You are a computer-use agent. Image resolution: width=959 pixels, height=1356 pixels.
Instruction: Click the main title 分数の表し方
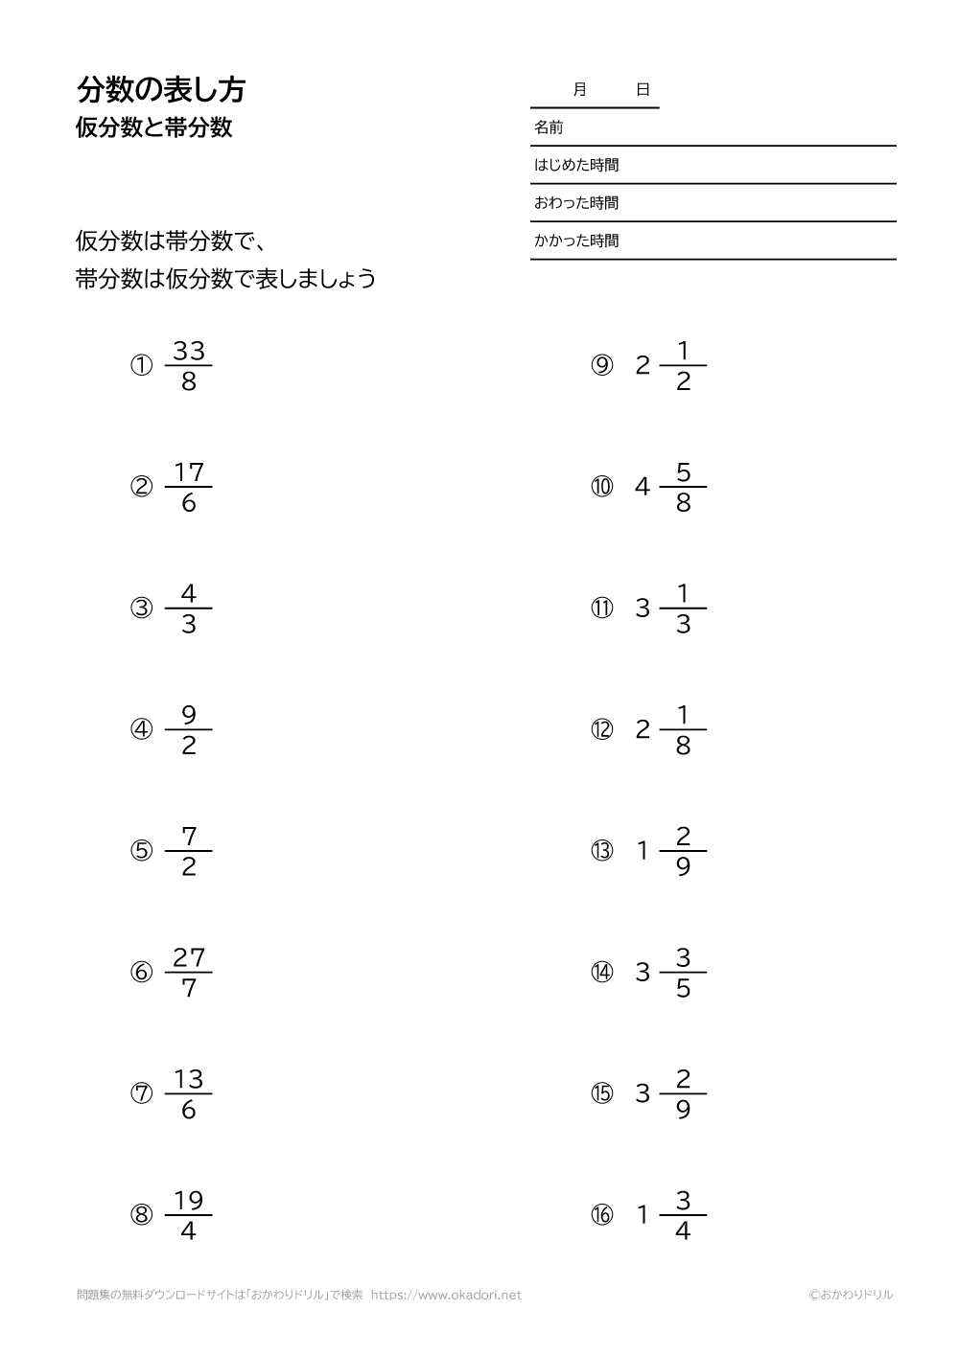161,90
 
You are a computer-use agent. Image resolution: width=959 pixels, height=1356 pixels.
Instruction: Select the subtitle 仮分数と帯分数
154,128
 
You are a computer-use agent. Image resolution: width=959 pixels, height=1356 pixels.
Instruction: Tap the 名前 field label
549,126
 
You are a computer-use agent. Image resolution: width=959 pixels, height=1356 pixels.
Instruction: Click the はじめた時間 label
576,165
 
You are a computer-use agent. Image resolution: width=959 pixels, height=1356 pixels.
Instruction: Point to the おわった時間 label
576,203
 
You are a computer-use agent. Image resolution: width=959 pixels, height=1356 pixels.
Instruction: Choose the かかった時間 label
576,241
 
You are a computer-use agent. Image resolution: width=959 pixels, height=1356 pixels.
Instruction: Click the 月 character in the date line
579,90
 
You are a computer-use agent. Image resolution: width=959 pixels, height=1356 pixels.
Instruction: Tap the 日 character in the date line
643,90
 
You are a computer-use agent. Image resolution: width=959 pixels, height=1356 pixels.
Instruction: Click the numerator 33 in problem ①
189,351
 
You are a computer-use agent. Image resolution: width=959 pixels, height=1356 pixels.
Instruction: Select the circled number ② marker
142,487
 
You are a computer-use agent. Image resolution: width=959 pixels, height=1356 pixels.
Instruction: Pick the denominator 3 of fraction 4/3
189,625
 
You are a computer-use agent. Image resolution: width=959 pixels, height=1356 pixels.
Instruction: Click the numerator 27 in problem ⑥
189,957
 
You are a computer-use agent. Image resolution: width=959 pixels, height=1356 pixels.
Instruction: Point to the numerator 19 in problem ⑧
189,1201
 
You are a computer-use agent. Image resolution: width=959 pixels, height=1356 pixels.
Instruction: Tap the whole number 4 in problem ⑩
643,487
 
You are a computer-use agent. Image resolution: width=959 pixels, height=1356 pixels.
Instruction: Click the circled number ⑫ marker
601,730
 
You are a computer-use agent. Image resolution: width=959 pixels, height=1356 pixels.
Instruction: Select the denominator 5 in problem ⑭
683,988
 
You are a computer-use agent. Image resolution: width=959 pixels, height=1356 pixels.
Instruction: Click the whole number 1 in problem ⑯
643,1215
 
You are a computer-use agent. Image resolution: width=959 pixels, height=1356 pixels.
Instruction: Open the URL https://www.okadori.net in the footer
446,1295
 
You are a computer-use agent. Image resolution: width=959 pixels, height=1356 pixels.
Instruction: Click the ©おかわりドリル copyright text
850,1295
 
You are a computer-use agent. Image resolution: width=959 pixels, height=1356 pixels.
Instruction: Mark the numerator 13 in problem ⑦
189,1079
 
